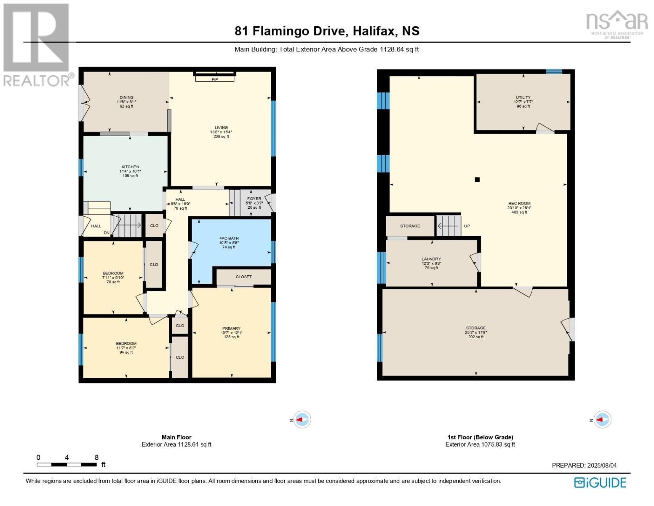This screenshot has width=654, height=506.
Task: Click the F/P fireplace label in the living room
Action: tap(214, 79)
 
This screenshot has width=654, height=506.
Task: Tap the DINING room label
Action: tap(126, 97)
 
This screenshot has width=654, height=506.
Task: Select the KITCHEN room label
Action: tap(130, 167)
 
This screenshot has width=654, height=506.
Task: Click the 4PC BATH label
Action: tap(229, 238)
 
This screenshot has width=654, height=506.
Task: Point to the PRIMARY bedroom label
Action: tap(231, 328)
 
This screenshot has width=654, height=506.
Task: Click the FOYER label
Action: tap(254, 199)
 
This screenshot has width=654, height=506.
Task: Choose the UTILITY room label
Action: tap(523, 97)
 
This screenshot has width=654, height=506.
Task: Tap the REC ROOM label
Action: tap(519, 203)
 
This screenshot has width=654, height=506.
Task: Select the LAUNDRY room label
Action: tap(431, 259)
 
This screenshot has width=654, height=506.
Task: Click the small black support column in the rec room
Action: tap(477, 180)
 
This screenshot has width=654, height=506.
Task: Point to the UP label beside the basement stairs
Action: tap(467, 226)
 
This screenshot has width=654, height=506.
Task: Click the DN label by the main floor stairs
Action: tap(107, 233)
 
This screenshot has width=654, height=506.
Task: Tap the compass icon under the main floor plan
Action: tap(302, 420)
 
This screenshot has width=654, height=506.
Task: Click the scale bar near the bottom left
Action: tap(67, 465)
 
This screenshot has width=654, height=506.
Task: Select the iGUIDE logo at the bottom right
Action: tap(600, 482)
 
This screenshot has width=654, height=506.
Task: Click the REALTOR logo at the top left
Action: tap(36, 44)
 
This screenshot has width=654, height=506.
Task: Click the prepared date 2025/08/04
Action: tap(601, 466)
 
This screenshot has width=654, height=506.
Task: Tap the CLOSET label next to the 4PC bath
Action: tap(243, 277)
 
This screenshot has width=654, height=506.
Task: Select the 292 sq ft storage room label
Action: tap(475, 332)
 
